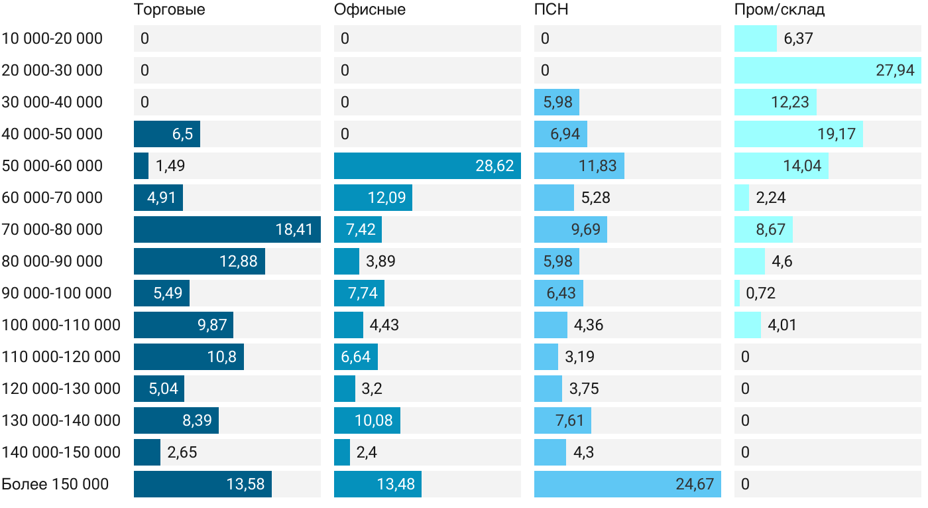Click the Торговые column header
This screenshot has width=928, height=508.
(x=170, y=10)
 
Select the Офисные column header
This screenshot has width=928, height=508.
(x=370, y=10)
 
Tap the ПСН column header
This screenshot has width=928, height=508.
(x=551, y=10)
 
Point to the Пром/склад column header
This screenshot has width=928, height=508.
(x=780, y=10)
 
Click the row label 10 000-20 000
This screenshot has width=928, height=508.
(x=52, y=38)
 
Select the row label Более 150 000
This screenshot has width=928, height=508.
(x=55, y=484)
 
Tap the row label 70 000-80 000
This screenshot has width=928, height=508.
(x=52, y=229)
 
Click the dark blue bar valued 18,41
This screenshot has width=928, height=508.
(x=227, y=229)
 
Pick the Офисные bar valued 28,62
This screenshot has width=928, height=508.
(x=427, y=166)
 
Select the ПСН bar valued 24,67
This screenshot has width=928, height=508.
(x=627, y=484)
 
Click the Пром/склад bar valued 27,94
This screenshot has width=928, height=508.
(x=827, y=70)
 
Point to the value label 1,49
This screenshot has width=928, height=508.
(x=170, y=166)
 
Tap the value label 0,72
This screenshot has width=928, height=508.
(x=760, y=293)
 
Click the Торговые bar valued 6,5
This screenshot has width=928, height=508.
(x=166, y=134)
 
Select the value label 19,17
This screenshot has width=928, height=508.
(x=837, y=134)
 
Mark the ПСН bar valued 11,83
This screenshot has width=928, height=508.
(x=579, y=166)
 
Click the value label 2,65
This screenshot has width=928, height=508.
(x=182, y=452)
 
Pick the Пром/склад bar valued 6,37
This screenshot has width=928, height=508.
(x=755, y=38)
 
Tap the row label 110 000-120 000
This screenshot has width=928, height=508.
(x=61, y=357)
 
